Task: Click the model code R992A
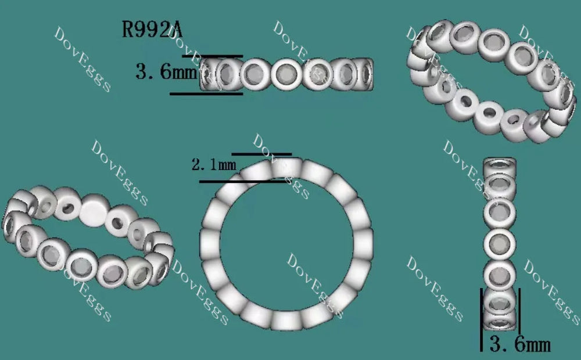click(152, 29)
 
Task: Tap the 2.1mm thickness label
click(214, 164)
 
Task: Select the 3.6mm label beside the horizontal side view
click(166, 71)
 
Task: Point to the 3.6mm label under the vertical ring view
click(519, 344)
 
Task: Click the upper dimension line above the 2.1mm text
click(261, 154)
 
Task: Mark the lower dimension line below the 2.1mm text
click(242, 182)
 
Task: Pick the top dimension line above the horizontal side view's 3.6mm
click(212, 56)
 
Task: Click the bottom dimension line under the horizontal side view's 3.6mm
click(206, 93)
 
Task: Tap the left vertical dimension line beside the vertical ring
click(481, 319)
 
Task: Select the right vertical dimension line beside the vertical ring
click(519, 311)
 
